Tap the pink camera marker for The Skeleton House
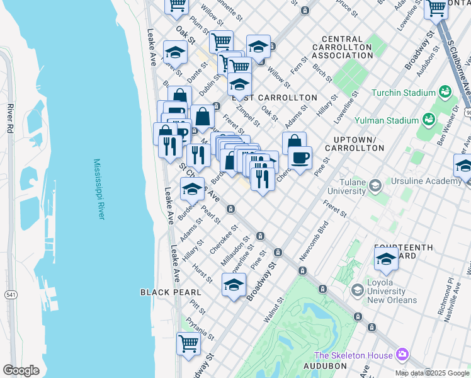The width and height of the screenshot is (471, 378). pos(402,355)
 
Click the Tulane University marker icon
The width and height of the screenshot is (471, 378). pos(375,185)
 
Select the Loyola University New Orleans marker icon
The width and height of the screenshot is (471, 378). pos(358,289)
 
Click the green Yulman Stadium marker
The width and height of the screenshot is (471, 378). pos(429,118)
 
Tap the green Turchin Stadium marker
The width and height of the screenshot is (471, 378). pos(446,92)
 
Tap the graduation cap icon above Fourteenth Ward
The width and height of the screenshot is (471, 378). pos(386,258)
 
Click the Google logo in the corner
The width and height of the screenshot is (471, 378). pos(21,370)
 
